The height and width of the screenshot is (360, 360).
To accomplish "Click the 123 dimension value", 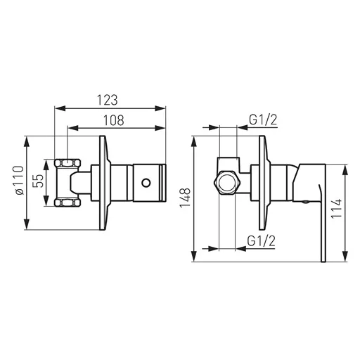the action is pos(108,100).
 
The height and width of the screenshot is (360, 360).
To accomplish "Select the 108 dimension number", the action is pos(114,120).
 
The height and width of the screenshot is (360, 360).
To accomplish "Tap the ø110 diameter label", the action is pos(19,180).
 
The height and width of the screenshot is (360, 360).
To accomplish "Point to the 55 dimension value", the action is pos(39,181).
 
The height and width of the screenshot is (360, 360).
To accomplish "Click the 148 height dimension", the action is pos(185,198).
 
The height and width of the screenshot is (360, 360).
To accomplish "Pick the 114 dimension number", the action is pos(336,209).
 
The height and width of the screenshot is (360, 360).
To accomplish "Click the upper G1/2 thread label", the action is pos(263,120).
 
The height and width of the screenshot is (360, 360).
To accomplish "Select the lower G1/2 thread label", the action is pos(261,240).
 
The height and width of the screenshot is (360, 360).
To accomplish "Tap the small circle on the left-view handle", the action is pos(146,183).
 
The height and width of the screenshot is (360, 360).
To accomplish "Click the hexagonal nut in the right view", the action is pos(226,183).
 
